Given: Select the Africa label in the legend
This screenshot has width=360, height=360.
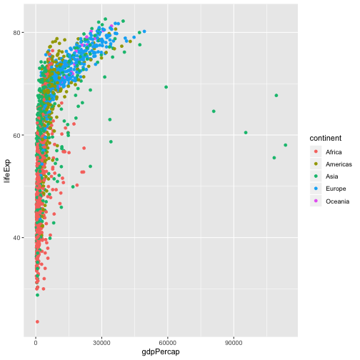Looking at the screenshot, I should click(x=334, y=152).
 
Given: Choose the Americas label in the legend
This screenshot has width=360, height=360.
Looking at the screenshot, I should click(x=339, y=164).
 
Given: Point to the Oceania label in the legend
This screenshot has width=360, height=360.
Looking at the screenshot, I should click(x=338, y=201).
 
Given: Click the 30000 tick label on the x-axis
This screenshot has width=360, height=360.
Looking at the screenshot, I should click(x=101, y=341).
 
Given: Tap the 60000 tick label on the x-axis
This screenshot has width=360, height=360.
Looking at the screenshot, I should click(x=167, y=341).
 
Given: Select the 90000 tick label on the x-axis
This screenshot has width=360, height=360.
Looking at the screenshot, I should click(x=233, y=341).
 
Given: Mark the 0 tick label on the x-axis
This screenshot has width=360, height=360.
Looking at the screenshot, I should click(x=36, y=341).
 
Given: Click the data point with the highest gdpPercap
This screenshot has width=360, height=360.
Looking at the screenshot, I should click(x=285, y=145).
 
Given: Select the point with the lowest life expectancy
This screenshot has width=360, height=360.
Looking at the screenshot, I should click(x=37, y=321).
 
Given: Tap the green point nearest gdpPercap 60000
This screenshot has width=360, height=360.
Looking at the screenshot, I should click(x=166, y=87).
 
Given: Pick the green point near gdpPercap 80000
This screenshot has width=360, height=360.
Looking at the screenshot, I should click(x=214, y=111).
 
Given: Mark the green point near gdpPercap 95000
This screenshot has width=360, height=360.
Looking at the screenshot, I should click(x=246, y=132).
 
